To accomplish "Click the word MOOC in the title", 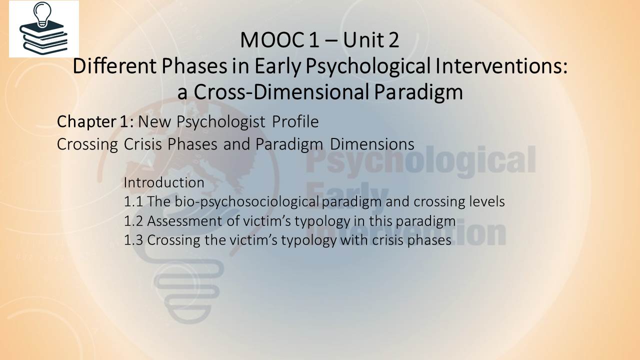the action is (271, 40).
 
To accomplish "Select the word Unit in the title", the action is (363, 40).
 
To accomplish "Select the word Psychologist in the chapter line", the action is (221, 122).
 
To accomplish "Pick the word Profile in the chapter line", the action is (295, 121).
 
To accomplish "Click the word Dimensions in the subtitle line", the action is (372, 144).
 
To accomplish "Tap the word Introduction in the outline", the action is (164, 182).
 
